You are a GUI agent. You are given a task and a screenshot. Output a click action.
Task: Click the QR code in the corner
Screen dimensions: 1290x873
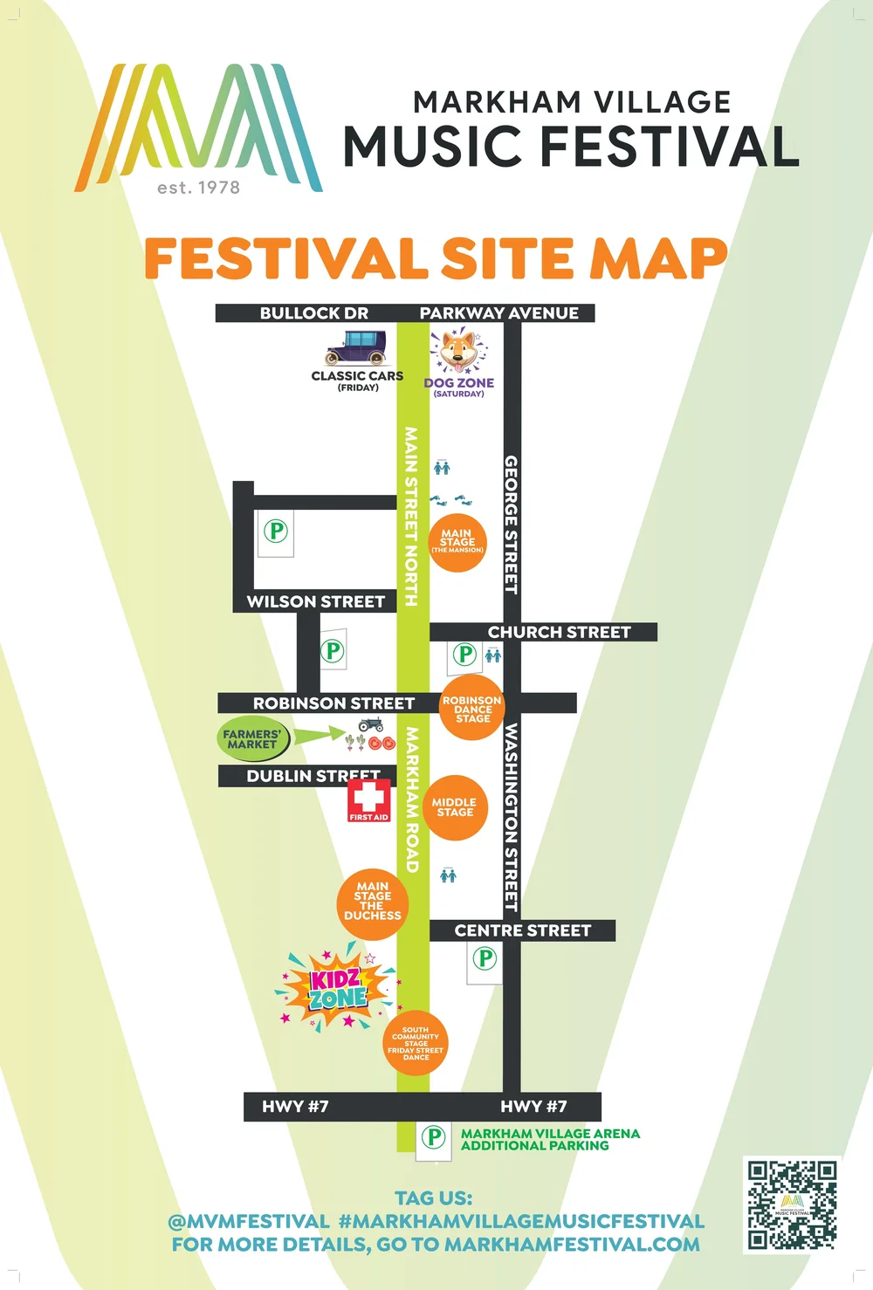coord(792,1205)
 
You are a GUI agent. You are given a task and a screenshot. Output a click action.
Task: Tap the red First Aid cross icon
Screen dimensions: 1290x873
coord(368,799)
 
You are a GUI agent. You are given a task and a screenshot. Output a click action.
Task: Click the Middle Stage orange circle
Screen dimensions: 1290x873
coord(455,807)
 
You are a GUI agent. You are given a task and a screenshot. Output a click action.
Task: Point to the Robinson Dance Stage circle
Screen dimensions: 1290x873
coord(471,708)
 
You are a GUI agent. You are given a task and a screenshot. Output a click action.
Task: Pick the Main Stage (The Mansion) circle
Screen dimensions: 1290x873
coord(457,542)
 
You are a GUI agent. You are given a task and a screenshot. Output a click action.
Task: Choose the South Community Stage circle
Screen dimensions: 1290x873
coord(416,1043)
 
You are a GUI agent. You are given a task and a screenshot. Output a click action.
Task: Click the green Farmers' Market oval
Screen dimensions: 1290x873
coord(252,739)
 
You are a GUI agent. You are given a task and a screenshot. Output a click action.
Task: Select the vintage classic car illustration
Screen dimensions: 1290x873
coord(355,348)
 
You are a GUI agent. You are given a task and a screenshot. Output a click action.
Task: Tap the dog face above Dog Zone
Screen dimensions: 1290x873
coord(458,351)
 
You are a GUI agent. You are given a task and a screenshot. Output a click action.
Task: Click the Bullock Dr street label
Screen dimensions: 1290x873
coord(313,313)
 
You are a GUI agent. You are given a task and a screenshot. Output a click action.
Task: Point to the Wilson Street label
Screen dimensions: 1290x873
coord(315,601)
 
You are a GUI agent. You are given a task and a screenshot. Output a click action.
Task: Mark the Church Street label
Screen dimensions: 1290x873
coord(559,632)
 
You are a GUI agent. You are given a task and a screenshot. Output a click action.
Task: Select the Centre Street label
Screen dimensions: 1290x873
coord(522,930)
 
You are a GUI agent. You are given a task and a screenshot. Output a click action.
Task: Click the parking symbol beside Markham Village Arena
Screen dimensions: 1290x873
coord(434,1137)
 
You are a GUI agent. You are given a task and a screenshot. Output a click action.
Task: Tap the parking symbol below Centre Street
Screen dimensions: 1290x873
coord(485,959)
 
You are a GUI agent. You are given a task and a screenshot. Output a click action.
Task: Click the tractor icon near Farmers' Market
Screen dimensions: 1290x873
coord(371,724)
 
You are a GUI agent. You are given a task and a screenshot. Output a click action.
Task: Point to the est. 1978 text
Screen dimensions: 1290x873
coord(198,188)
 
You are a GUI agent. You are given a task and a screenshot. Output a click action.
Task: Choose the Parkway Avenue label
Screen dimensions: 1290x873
coord(498,313)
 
